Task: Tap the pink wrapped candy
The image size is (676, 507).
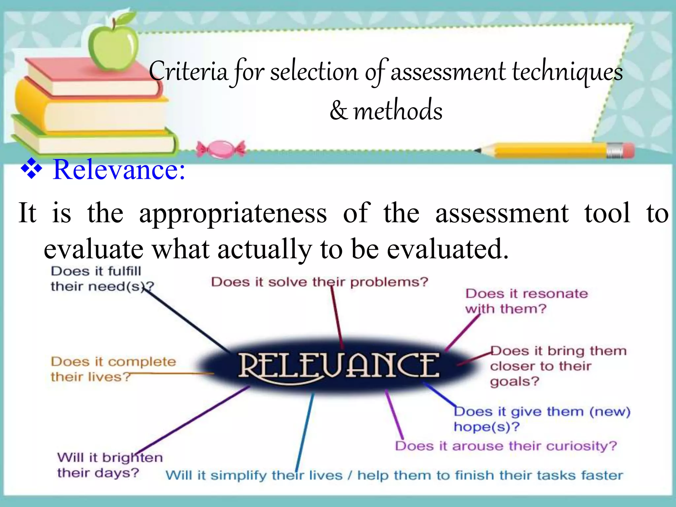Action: (x=221, y=149)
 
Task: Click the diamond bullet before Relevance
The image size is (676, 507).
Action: (x=31, y=169)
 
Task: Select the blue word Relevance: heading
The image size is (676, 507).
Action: (x=119, y=170)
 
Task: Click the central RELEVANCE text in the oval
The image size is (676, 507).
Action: (x=339, y=365)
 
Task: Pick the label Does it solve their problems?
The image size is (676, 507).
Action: (x=320, y=282)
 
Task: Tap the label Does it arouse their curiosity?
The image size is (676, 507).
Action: (x=506, y=446)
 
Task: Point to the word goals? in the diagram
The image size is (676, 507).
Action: (x=514, y=382)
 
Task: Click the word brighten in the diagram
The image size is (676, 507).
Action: (x=132, y=458)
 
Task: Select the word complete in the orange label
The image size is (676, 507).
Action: (x=142, y=362)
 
